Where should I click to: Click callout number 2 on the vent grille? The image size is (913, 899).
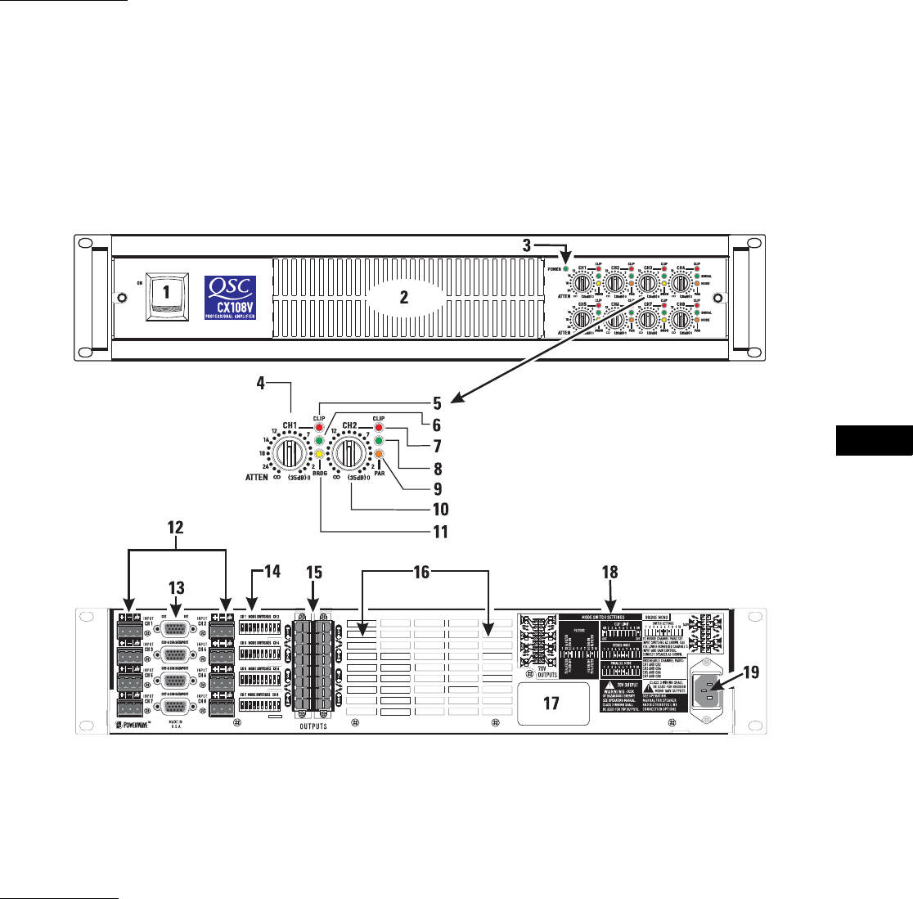(x=403, y=298)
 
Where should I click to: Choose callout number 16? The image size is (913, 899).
(x=423, y=573)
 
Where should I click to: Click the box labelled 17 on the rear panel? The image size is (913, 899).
(x=551, y=702)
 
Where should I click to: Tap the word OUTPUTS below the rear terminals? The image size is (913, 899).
(x=309, y=726)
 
